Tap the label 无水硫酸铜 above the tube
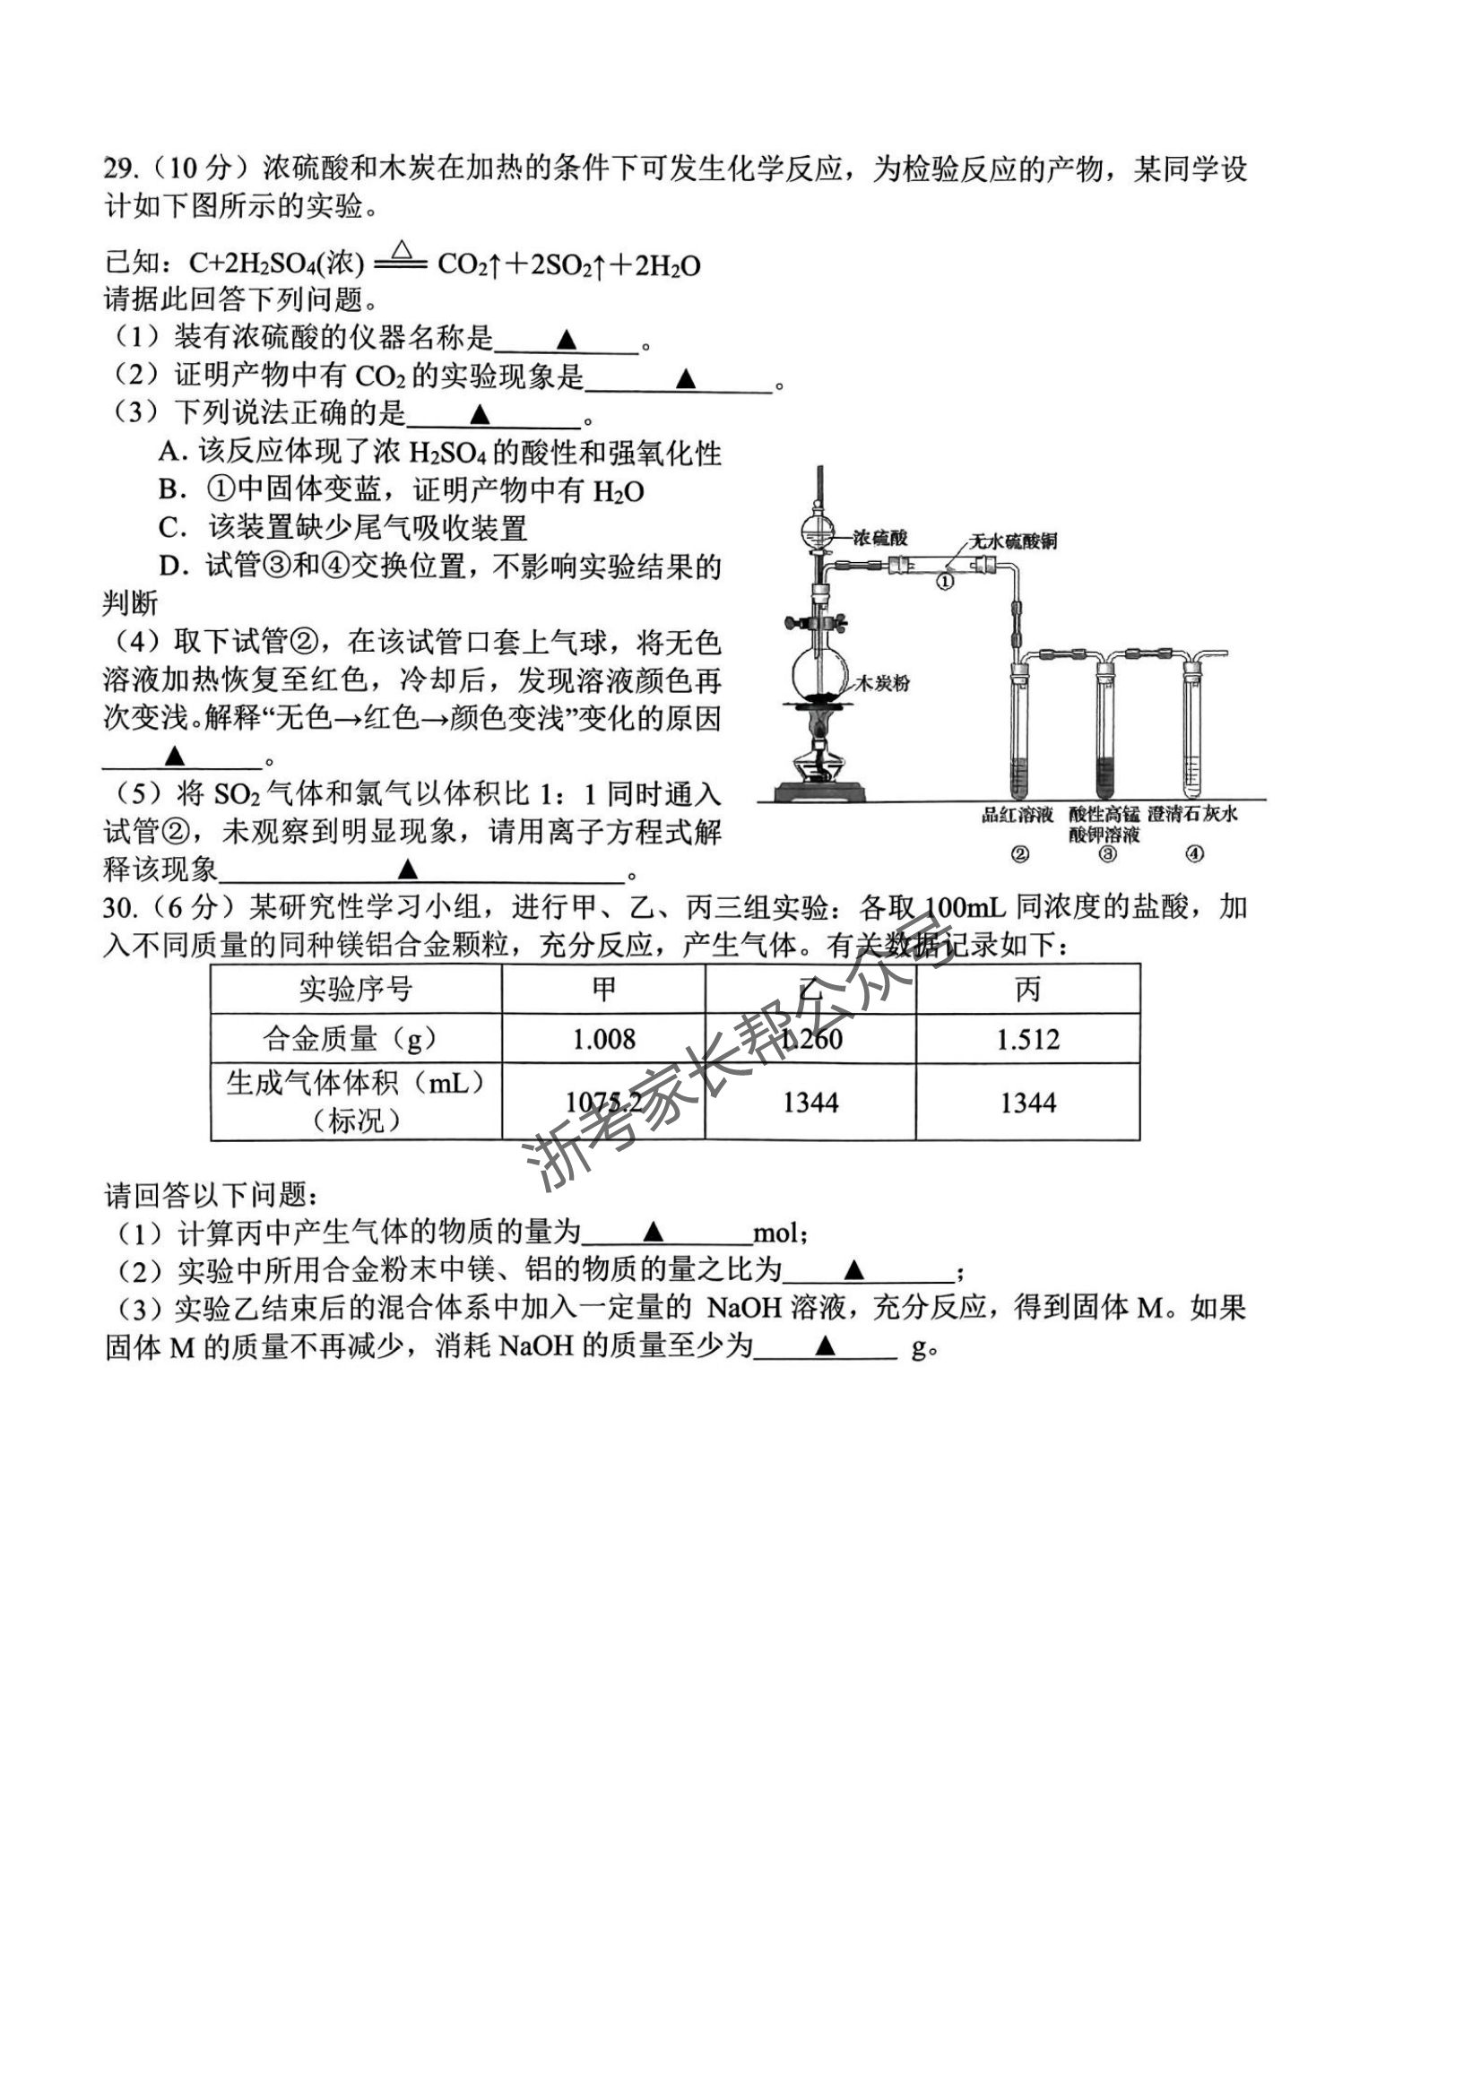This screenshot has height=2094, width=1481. click(x=1012, y=541)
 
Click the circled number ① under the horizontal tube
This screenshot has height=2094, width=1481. click(x=946, y=580)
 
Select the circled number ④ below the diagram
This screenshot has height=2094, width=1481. click(x=1194, y=854)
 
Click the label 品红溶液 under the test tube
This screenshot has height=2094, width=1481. click(x=1017, y=815)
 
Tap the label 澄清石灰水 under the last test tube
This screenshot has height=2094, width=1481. click(x=1193, y=814)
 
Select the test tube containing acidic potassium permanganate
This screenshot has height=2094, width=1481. click(x=1106, y=730)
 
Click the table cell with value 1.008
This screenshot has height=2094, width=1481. click(x=603, y=1039)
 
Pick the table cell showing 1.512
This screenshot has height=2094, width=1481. click(x=1027, y=1039)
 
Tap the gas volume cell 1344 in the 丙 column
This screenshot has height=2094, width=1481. click(x=1027, y=1103)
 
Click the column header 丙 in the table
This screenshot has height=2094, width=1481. click(x=1027, y=990)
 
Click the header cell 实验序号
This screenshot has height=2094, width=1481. click(x=356, y=990)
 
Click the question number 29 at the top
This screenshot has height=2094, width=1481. click(x=118, y=169)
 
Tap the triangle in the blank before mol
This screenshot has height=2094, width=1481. click(x=653, y=1234)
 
